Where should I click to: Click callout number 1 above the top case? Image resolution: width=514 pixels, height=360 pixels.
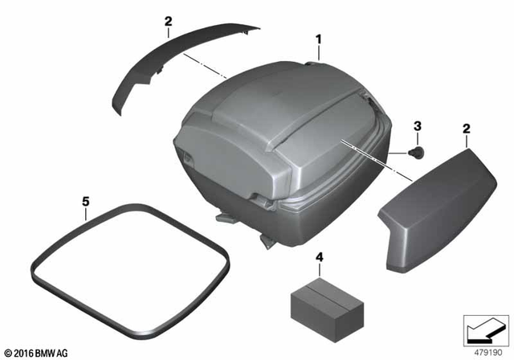point(319,38)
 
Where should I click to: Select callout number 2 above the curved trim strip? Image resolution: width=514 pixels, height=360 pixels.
point(168,22)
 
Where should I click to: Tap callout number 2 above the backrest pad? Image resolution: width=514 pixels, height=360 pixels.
point(466,129)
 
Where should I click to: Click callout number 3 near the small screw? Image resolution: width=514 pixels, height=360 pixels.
point(417,126)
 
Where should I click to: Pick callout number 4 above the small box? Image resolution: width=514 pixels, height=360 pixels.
point(319,258)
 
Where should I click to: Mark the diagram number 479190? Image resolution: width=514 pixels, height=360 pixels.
point(485,350)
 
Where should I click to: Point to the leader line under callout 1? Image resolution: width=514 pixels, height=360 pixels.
point(319,53)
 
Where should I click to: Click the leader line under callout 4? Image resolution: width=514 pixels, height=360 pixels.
point(319,272)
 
